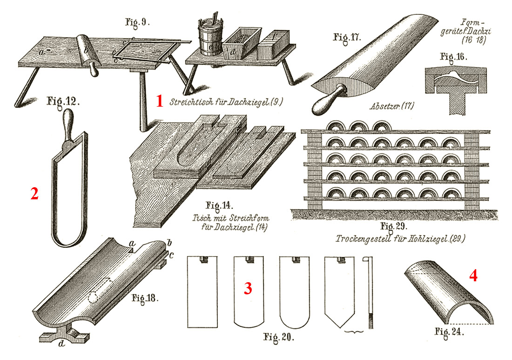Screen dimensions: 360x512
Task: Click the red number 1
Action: pyautogui.click(x=160, y=101)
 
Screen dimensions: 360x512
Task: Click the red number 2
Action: pyautogui.click(x=34, y=194)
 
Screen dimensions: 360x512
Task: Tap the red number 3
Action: pyautogui.click(x=248, y=289)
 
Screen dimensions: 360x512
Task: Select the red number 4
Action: pyautogui.click(x=473, y=276)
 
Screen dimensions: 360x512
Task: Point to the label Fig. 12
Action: pyautogui.click(x=64, y=100)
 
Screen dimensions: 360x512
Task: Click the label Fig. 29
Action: pyautogui.click(x=394, y=227)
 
